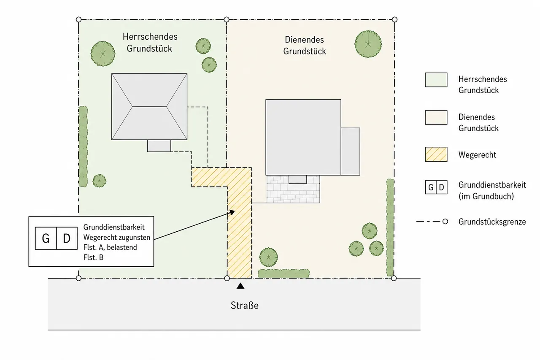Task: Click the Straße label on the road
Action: tap(244, 306)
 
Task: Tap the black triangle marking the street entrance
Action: tap(240, 286)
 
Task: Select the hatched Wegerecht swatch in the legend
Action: tap(436, 154)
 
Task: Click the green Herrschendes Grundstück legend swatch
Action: tap(436, 80)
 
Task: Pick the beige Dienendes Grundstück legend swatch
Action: tap(436, 117)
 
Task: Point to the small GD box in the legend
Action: tap(436, 187)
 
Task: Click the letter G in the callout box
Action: tap(46, 238)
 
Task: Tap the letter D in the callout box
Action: tap(67, 238)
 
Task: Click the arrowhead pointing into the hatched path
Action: tap(232, 212)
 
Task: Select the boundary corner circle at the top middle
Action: tap(227, 19)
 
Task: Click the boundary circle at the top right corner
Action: tap(394, 19)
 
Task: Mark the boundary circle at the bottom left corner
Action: tap(78, 278)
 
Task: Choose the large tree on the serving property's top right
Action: tap(368, 44)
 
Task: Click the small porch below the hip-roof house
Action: tap(159, 146)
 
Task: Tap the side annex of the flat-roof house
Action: tap(350, 152)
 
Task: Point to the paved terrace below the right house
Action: tap(293, 189)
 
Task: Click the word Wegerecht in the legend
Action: tap(477, 155)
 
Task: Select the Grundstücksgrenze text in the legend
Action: tap(492, 222)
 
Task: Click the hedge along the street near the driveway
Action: tap(284, 273)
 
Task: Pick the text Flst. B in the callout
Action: tap(93, 257)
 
